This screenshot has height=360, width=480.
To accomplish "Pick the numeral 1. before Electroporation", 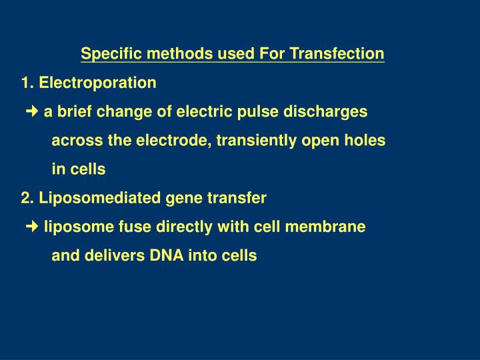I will pyautogui.click(x=28, y=83).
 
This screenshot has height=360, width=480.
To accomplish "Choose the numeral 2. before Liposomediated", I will pyautogui.click(x=28, y=198).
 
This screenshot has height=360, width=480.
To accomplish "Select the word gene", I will pyautogui.click(x=182, y=198).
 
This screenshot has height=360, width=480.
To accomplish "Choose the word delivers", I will pyautogui.click(x=121, y=256).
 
